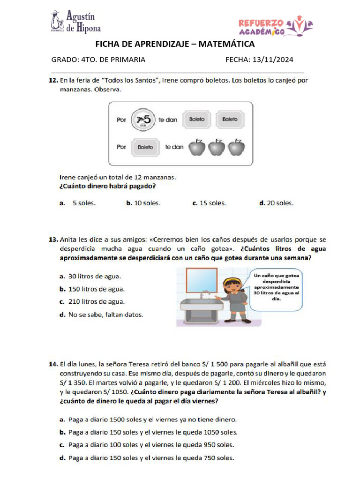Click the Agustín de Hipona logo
point(75,22)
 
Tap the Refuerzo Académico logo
point(276,27)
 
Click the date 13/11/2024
point(273,60)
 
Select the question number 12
point(53,81)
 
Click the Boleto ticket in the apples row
point(145,147)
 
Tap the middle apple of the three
point(217,147)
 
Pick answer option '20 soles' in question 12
point(276,203)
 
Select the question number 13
point(53,239)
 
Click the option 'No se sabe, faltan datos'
point(105,315)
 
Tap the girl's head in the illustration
point(233,284)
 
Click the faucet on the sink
point(204,294)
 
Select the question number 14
point(53,364)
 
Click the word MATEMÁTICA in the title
point(227,44)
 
